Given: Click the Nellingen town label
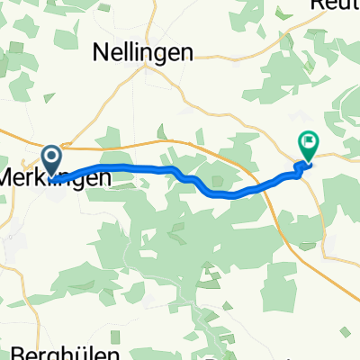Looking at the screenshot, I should click(x=144, y=52).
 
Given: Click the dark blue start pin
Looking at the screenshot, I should click(x=53, y=160).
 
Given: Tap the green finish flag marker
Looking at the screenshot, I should click(x=309, y=143).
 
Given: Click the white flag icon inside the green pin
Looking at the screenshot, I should click(x=309, y=140).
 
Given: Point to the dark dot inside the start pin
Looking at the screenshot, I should click(x=53, y=157).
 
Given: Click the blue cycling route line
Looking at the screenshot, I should click(x=135, y=167).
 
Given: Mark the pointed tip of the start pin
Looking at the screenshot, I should click(x=53, y=175).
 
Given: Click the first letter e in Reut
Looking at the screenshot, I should click(x=327, y=5).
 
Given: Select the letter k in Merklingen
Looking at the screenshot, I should click(x=45, y=178).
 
